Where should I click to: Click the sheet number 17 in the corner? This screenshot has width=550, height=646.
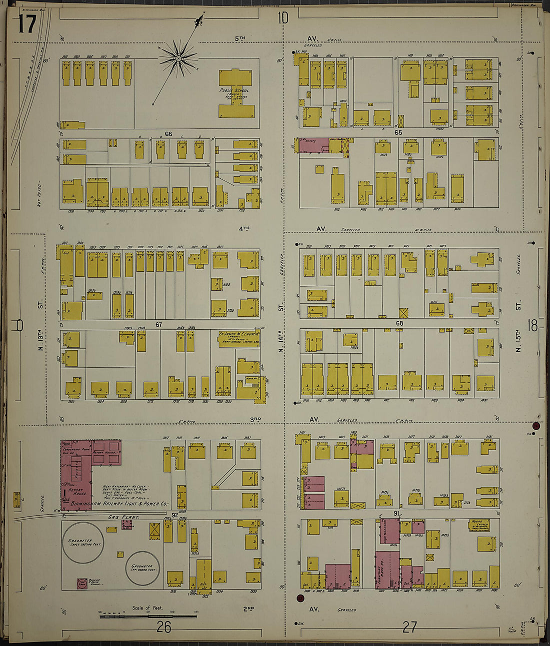pyautogui.click(x=27, y=24)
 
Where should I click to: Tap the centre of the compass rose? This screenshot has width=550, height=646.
pyautogui.click(x=178, y=59)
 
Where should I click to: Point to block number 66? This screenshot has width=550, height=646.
pyautogui.click(x=168, y=134)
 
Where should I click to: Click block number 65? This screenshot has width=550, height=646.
pyautogui.click(x=398, y=132)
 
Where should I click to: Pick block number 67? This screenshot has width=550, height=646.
pyautogui.click(x=158, y=325)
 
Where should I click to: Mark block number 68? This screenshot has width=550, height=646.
pyautogui.click(x=399, y=323)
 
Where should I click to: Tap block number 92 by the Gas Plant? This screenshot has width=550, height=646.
pyautogui.click(x=174, y=515)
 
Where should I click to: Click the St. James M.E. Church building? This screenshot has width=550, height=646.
pyautogui.click(x=237, y=338)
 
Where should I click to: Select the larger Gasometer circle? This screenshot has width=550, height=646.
pyautogui.click(x=83, y=544)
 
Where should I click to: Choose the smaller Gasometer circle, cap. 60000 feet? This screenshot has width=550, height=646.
pyautogui.click(x=142, y=568)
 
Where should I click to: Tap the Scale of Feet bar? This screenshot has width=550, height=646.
pyautogui.click(x=148, y=617)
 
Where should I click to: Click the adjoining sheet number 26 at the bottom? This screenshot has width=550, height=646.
pyautogui.click(x=163, y=627)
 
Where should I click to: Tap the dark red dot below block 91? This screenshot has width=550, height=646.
pyautogui.click(x=300, y=598)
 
